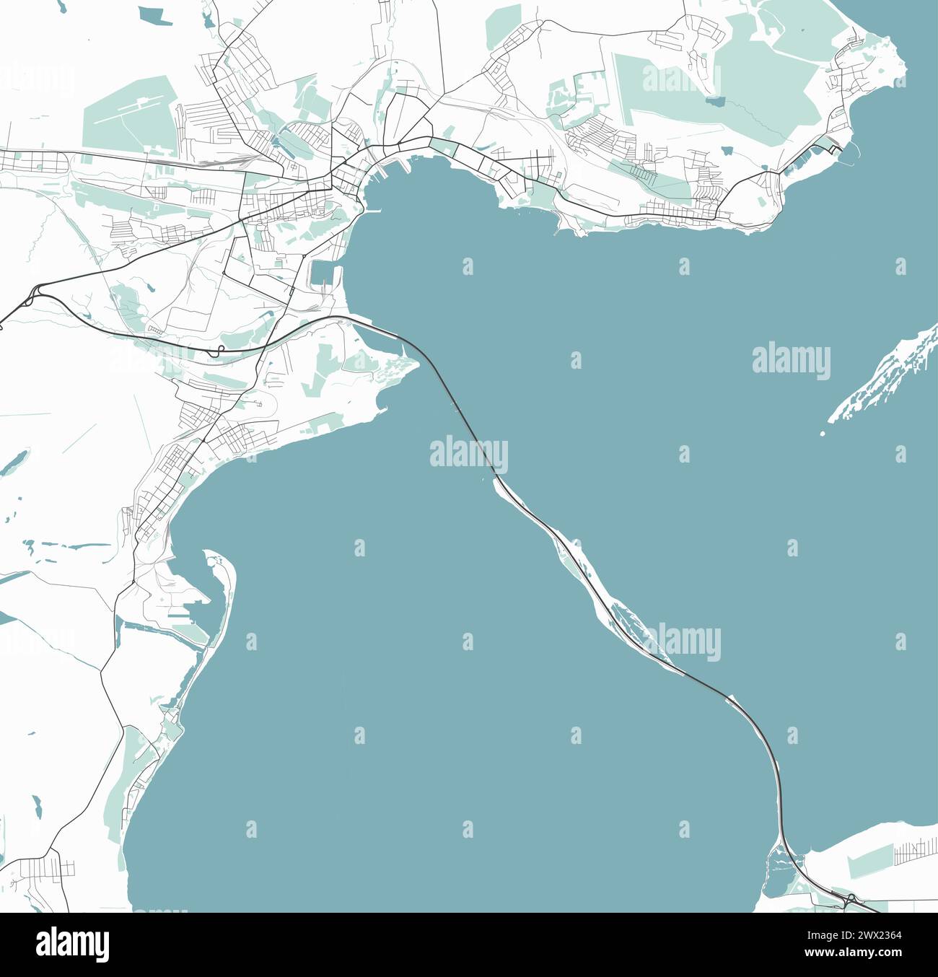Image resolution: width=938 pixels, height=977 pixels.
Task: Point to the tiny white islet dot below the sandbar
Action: (x=823, y=434)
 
